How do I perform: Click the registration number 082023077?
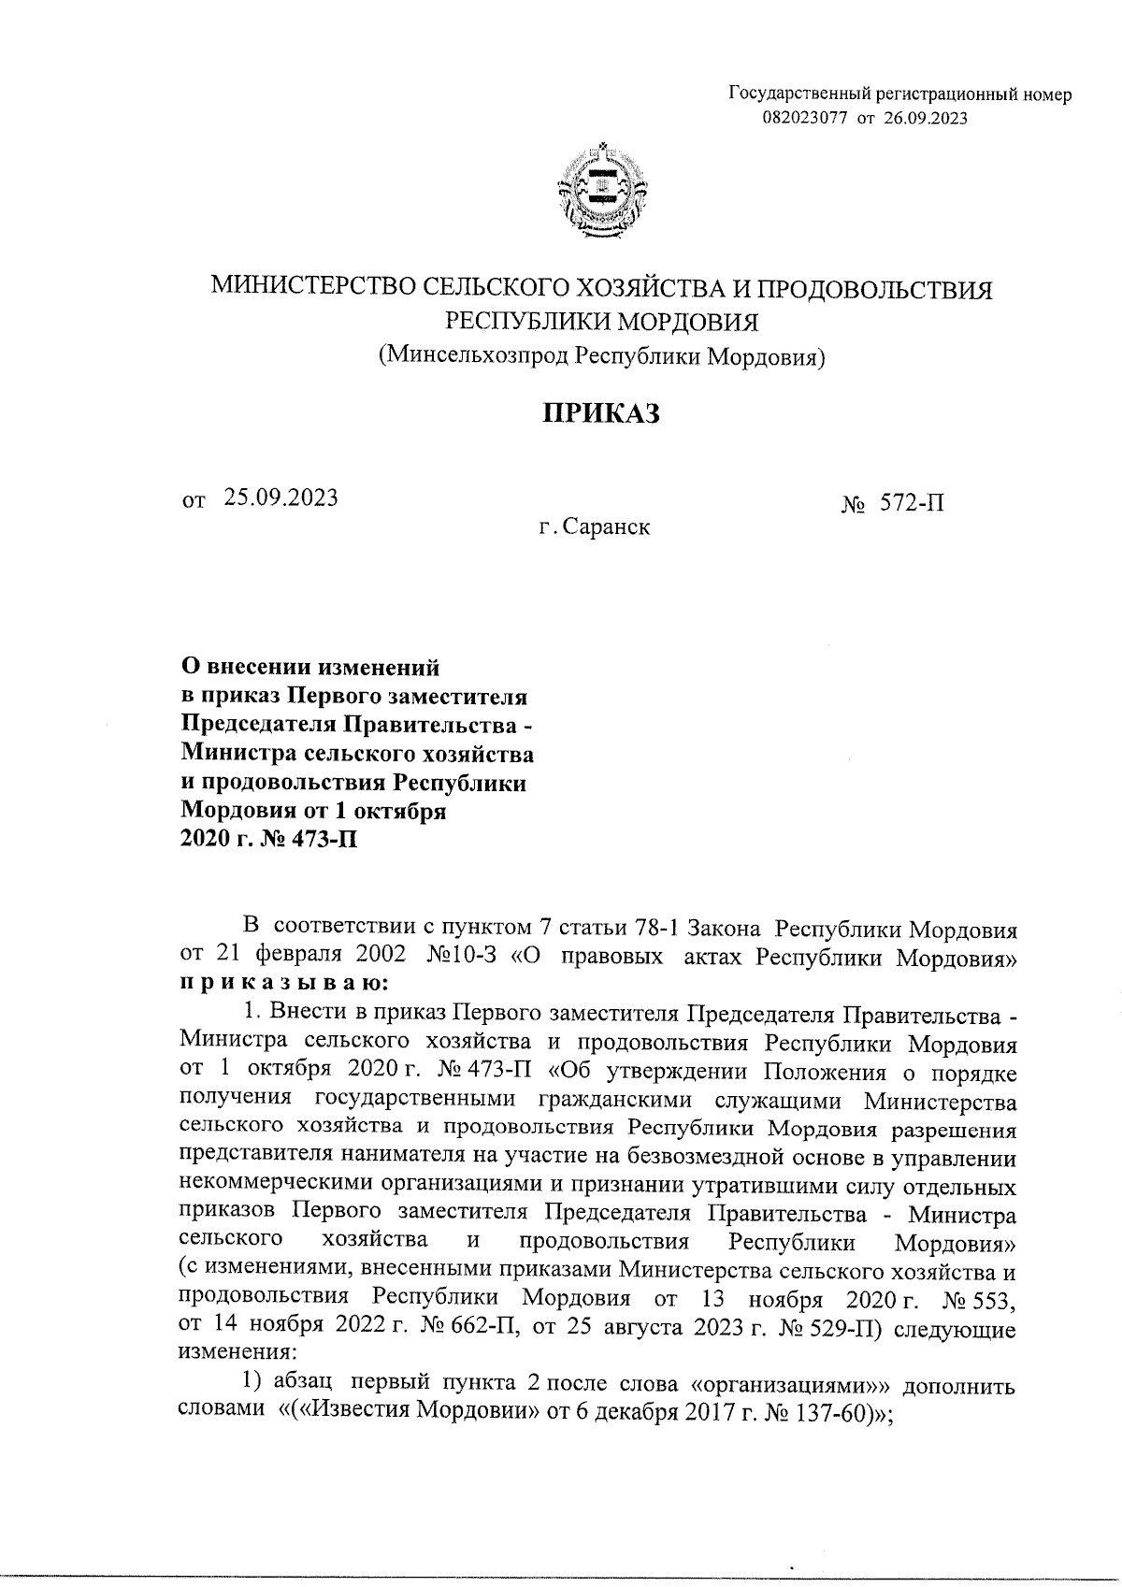pyautogui.click(x=805, y=118)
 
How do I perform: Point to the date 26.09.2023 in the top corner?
pyautogui.click(x=925, y=118)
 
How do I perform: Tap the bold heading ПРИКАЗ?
pyautogui.click(x=602, y=413)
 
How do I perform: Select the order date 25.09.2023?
pyautogui.click(x=280, y=498)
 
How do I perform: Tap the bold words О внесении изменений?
pyautogui.click(x=309, y=668)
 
